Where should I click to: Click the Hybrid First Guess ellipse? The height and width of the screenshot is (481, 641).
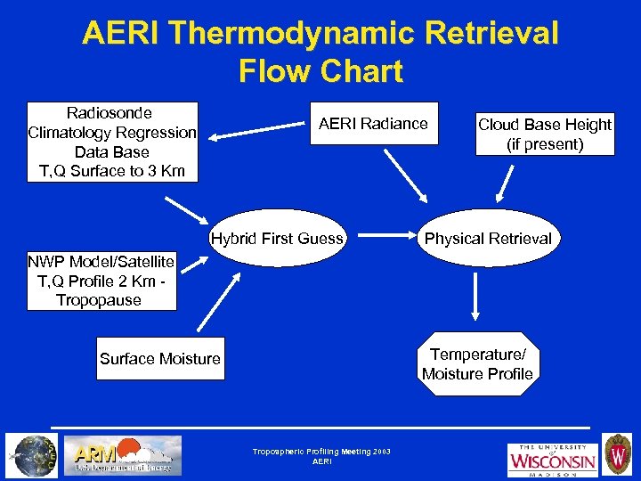coord(277,238)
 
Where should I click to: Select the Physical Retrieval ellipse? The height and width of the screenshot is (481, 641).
coord(488,238)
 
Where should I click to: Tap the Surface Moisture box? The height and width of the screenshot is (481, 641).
coord(160,359)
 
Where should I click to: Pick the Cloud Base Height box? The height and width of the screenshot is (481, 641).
coord(545,134)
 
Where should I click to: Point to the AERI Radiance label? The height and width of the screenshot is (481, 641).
coord(373,124)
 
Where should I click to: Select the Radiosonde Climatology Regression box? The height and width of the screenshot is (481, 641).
coord(112,143)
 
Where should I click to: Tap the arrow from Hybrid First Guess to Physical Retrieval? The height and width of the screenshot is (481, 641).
coord(380,238)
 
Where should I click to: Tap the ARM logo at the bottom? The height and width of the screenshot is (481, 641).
coord(126,454)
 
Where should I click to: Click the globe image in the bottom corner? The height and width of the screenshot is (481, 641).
coord(32,454)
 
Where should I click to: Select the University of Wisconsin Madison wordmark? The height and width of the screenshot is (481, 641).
coord(552,459)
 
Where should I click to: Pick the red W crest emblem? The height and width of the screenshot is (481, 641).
coord(617,454)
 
